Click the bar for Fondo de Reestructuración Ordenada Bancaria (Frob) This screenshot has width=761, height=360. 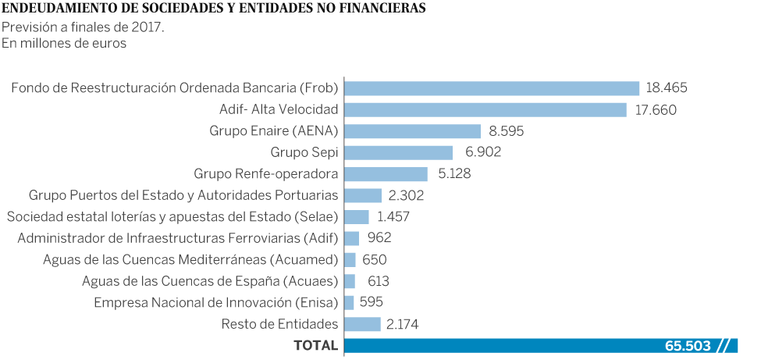(x=492, y=88)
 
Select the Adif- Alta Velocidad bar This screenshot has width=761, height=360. (x=485, y=109)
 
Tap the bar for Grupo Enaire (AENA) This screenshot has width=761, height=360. (x=412, y=131)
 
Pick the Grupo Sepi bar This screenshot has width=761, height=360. (x=398, y=152)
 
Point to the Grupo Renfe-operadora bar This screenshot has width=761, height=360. (x=386, y=173)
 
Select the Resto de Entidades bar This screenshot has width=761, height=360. (x=362, y=324)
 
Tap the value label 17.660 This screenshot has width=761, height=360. (x=656, y=109)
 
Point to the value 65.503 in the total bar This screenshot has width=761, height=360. (x=688, y=345)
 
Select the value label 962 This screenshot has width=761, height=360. (x=379, y=238)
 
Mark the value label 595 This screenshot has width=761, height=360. (x=371, y=302)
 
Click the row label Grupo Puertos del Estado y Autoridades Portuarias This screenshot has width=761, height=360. (x=183, y=195)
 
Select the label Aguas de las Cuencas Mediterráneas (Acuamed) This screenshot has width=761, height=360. (x=190, y=259)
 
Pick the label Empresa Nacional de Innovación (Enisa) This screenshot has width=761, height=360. (x=216, y=302)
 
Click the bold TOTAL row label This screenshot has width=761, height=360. (x=315, y=345)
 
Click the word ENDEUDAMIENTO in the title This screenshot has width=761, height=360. (x=58, y=9)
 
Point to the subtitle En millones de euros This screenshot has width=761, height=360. (x=64, y=44)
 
